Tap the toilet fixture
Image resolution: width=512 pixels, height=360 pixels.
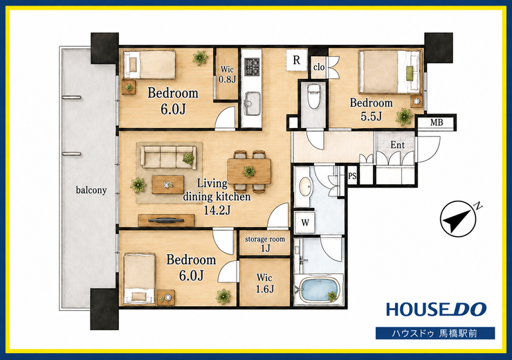(x=314, y=96)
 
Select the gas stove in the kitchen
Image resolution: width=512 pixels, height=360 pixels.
(x=252, y=66)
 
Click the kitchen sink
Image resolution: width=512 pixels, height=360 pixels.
(x=252, y=103)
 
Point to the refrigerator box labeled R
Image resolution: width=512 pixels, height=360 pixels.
(x=297, y=60)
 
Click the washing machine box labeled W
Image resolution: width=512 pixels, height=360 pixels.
(x=304, y=223)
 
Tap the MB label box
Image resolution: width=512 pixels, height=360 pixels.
(x=437, y=123)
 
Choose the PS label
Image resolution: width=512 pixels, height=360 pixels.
(x=352, y=176)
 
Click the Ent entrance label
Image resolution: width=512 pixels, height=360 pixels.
(x=397, y=145)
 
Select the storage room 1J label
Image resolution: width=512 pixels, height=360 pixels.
(x=265, y=244)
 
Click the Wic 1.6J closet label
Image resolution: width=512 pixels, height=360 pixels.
(x=264, y=283)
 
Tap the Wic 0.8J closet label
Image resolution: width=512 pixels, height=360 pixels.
(x=227, y=75)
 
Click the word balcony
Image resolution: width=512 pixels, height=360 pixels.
(x=91, y=190)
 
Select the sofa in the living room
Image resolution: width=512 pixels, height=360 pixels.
(x=169, y=157)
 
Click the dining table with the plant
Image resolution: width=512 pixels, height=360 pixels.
(x=249, y=171)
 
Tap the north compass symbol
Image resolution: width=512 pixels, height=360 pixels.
(x=458, y=219)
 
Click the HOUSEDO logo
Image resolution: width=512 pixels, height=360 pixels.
(x=437, y=309)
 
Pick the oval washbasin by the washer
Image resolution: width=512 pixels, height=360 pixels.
(x=305, y=187)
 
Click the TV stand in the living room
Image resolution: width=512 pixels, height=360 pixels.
(x=166, y=220)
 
